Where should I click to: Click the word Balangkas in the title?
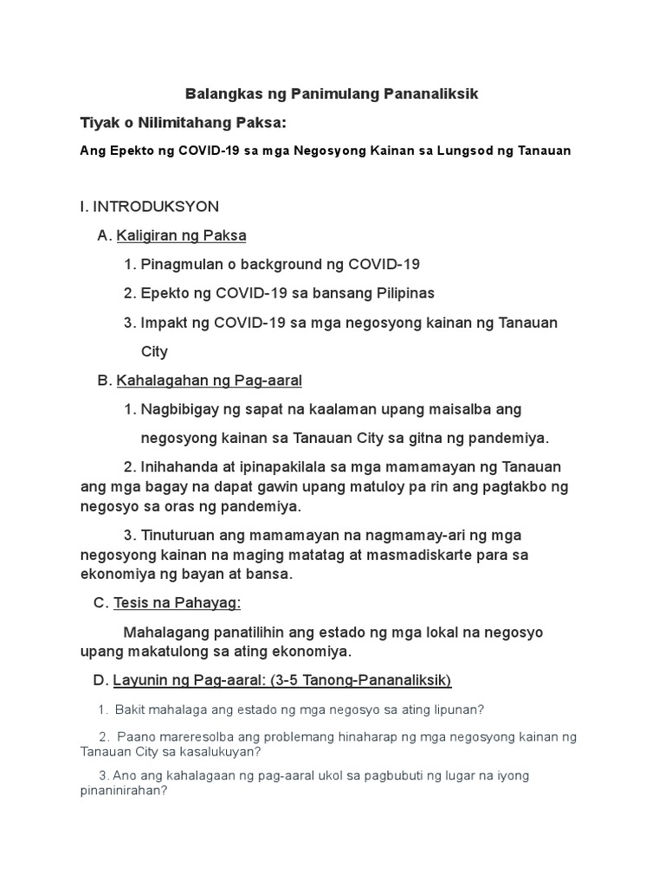point(220,93)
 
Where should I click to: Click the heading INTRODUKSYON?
point(155,206)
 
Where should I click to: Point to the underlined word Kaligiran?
point(147,235)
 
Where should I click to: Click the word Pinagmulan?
point(181,264)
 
